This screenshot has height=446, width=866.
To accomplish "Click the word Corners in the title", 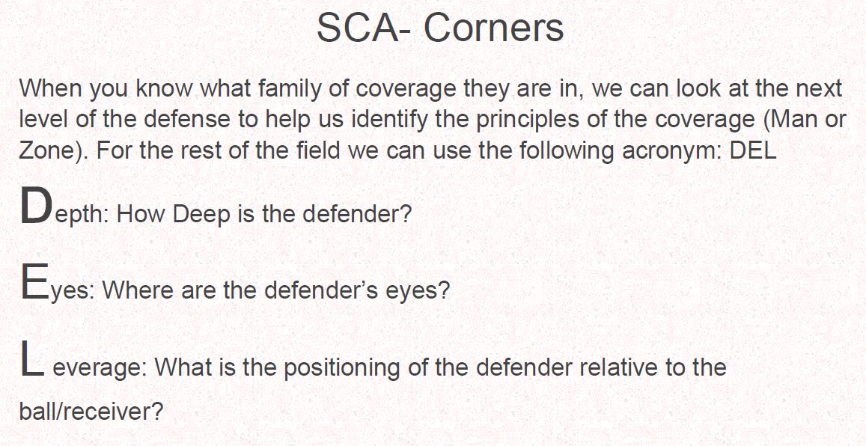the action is (x=494, y=28).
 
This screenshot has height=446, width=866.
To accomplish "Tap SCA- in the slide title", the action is (x=364, y=28).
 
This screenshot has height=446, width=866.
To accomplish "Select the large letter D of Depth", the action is (x=37, y=205).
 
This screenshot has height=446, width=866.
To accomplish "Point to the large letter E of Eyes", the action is (x=34, y=281).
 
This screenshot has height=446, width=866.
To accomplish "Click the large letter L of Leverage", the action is (x=31, y=358).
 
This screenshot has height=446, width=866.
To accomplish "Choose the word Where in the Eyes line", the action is (x=131, y=290).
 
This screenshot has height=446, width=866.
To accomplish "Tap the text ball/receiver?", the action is (x=91, y=412).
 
